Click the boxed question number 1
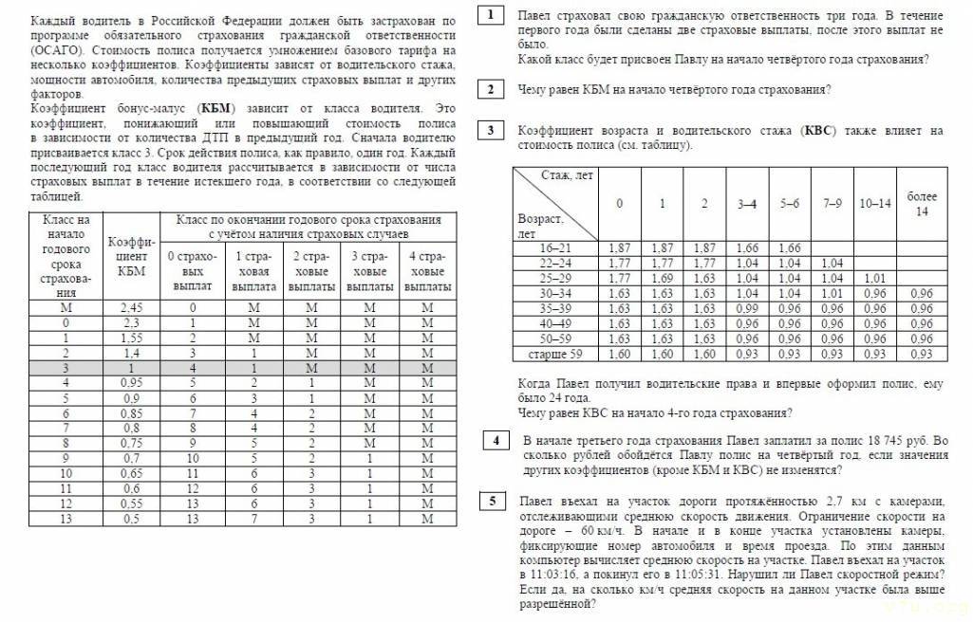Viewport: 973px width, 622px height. pos(490,15)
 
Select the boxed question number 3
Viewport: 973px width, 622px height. pos(490,130)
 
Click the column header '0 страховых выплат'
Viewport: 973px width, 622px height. pos(193,270)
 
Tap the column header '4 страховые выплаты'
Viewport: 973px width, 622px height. pos(426,270)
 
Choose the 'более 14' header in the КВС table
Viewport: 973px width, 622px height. pos(921,203)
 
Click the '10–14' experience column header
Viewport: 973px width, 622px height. pos(874,204)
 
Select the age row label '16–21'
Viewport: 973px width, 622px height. pos(555,248)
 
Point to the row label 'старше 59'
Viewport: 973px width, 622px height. pos(555,354)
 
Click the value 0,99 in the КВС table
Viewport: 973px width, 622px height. pos(747,308)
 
